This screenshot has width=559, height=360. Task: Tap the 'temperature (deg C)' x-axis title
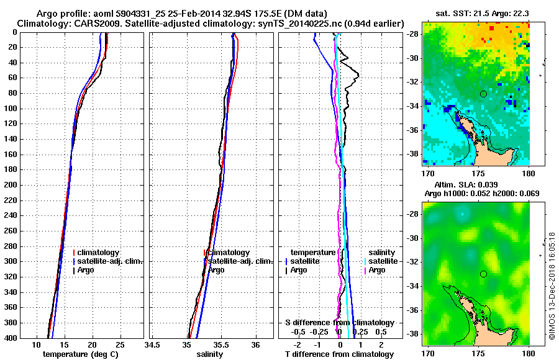(80, 354)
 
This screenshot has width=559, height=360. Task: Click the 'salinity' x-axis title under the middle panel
(210, 354)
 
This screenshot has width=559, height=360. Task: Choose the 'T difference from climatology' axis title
(339, 354)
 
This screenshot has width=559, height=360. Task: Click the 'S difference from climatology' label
(339, 323)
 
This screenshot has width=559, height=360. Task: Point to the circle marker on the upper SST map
(483, 94)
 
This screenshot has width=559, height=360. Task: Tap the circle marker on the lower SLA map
(483, 274)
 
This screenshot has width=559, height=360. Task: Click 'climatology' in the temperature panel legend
(98, 253)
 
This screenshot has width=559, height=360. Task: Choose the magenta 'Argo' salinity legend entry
(377, 270)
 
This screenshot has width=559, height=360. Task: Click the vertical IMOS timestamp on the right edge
(552, 286)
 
